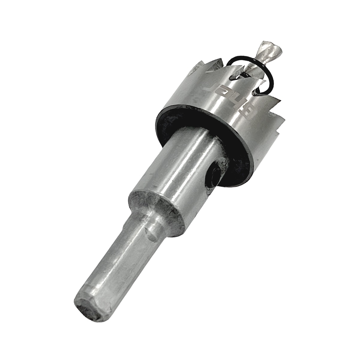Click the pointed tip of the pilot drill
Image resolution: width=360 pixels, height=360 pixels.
coord(264,42)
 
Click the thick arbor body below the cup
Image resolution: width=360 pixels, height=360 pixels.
coord(177,168)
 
